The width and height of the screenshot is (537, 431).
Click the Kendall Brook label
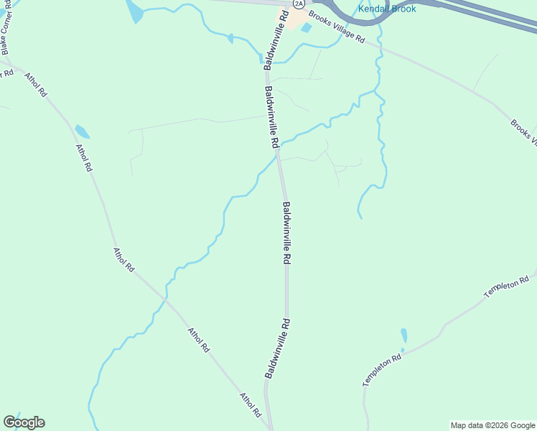click(387, 9)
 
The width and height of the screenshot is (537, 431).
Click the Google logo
click(24, 422)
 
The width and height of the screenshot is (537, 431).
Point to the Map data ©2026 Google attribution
click(492, 425)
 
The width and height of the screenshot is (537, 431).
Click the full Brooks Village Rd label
click(337, 27)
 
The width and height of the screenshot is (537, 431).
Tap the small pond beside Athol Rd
click(82, 132)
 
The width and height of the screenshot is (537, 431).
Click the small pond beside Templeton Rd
click(404, 335)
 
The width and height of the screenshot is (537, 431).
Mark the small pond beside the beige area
click(307, 28)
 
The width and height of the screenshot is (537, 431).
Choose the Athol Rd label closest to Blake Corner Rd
click(36, 85)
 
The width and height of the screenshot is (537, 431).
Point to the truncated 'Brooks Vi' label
click(523, 131)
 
